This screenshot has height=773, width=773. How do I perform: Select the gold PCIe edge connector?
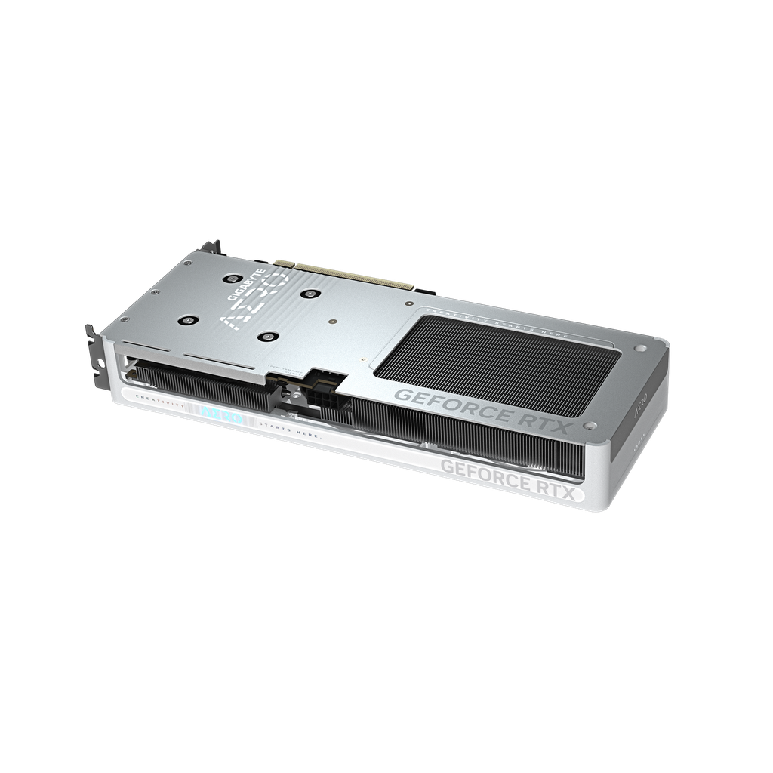pos(343,274)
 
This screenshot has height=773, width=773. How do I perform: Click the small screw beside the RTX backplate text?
pos(640,349)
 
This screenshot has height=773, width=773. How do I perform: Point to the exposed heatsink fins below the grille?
pos(468,438)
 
